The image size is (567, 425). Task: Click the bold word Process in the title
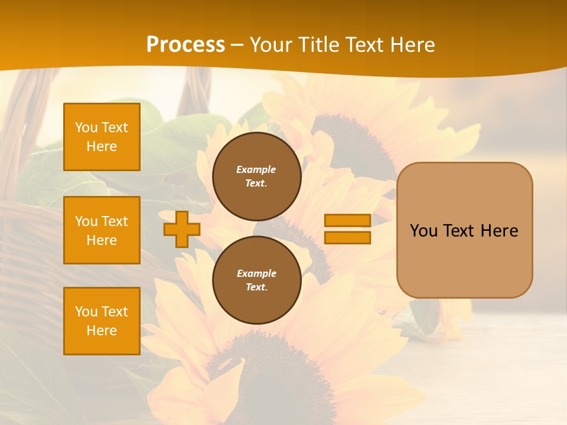click(x=185, y=44)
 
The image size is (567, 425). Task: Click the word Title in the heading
click(x=318, y=45)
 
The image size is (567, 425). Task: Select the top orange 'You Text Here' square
click(x=102, y=137)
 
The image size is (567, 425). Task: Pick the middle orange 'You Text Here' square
click(x=102, y=230)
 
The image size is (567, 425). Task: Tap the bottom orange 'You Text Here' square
click(x=102, y=321)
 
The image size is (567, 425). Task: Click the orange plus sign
click(x=181, y=230)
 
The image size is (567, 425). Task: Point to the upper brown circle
click(x=256, y=176)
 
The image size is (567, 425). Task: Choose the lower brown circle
click(x=256, y=280)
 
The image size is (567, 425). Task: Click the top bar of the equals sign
click(x=347, y=220)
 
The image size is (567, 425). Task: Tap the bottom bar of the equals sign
click(x=347, y=238)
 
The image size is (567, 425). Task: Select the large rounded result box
click(x=464, y=230)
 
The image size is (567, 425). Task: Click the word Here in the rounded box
click(x=499, y=231)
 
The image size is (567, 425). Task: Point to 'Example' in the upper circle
click(x=256, y=169)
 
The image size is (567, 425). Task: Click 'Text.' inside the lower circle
click(x=256, y=287)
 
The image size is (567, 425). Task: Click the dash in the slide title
click(x=237, y=45)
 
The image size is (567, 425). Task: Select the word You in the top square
click(x=86, y=127)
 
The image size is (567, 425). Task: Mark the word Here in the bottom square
click(x=102, y=331)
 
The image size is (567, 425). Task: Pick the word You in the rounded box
click(x=423, y=231)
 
